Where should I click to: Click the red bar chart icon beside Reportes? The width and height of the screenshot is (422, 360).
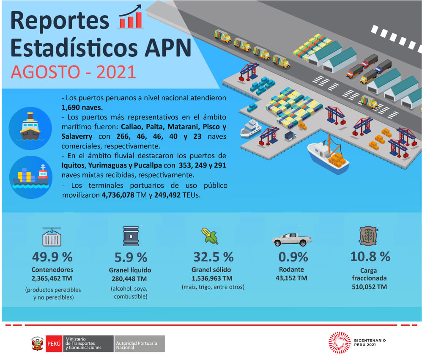pos(131,17)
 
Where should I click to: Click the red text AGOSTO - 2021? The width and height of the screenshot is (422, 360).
pos(73,72)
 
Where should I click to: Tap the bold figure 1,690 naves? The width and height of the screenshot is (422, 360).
pos(82,107)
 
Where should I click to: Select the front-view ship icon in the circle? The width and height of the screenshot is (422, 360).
pos(30,128)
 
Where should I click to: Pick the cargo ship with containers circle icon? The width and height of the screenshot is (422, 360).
pos(31,177)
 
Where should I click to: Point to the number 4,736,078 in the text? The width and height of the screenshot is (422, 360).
pos(118,195)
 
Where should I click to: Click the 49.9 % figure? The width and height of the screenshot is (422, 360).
pos(52,257)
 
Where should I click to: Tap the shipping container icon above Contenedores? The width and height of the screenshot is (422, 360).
pos(52,237)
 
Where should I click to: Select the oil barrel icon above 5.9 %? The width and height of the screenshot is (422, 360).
pos(131,236)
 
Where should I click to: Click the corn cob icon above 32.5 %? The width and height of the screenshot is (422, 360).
pos(210,236)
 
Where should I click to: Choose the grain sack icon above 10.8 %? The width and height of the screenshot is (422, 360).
pos(369,236)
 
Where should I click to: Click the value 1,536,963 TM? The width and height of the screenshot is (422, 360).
pos(212,278)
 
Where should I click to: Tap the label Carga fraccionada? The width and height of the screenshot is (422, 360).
pos(369,274)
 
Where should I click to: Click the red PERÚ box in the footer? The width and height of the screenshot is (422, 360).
pos(54,344)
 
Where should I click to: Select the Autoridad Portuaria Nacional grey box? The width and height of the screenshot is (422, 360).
pos(140,344)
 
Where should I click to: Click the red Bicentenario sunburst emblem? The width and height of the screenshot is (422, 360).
pos(340,343)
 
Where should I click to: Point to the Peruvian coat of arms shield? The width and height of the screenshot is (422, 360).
pos(37,344)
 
